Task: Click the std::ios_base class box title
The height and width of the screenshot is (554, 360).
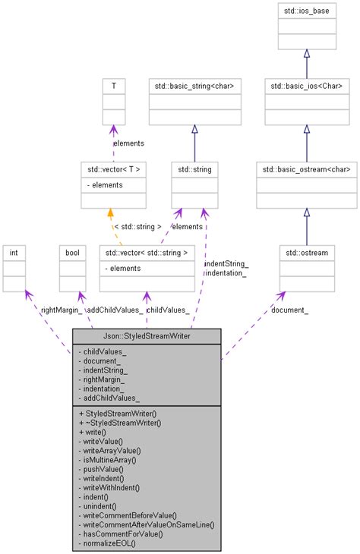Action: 306,11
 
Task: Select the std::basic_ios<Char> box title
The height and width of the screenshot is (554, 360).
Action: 306,86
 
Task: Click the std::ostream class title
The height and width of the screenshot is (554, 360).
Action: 306,251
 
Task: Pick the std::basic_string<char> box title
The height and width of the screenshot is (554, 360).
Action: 194,86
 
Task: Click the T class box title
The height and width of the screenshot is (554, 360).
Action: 113,86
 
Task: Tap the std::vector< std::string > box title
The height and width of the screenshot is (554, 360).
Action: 147,251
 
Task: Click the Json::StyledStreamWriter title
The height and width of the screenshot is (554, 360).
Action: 147,335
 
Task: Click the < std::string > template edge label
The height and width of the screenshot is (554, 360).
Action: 137,226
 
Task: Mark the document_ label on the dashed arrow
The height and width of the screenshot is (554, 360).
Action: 289,310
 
